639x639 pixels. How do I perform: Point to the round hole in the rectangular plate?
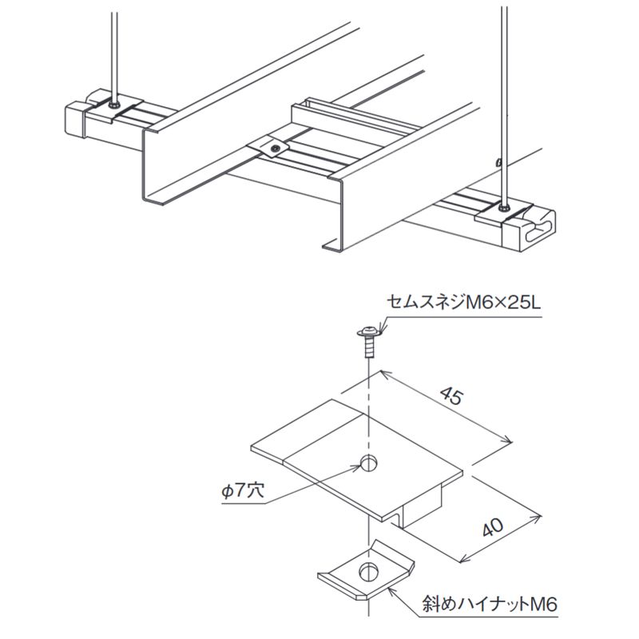(368, 461)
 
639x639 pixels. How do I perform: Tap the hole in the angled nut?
(367, 570)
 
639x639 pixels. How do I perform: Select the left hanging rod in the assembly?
(114, 48)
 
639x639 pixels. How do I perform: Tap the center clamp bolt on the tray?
(273, 147)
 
